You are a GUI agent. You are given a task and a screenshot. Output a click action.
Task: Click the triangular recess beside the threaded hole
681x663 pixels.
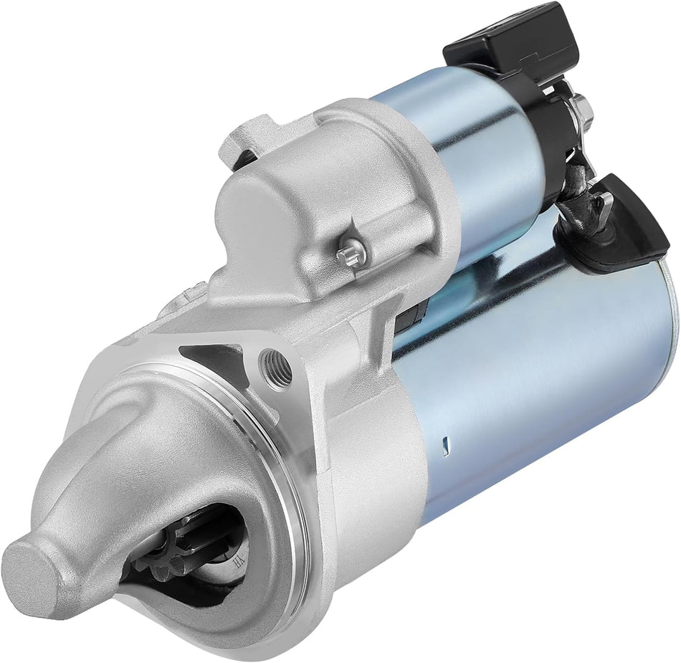215,358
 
